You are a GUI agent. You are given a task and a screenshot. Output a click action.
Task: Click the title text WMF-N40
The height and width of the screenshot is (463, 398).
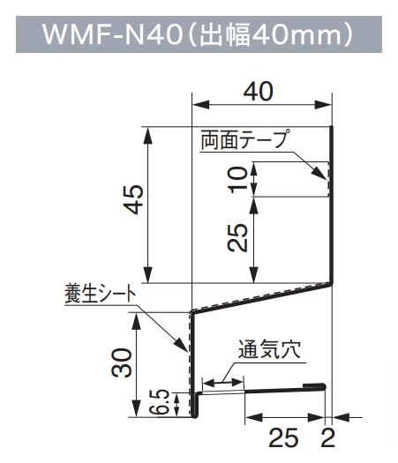(112, 34)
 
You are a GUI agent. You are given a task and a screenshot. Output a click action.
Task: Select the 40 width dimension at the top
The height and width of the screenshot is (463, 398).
(259, 91)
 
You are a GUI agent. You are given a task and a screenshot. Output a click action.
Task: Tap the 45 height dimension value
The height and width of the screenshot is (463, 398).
(134, 199)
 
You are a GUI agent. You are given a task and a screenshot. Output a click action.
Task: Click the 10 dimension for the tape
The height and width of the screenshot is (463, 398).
(238, 179)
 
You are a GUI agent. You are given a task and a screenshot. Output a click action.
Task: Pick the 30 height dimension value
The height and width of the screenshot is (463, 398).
(122, 362)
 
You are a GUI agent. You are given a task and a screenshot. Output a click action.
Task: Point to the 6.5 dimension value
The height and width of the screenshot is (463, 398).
(161, 401)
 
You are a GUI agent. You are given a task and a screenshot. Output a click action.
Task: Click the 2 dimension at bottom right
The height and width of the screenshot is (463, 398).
(328, 438)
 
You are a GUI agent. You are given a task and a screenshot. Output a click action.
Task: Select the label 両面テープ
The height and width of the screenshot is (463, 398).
(244, 139)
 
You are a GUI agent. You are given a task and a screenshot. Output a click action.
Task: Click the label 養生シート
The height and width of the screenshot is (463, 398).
(100, 294)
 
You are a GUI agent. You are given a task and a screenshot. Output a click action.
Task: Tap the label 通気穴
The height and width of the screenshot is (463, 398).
(269, 349)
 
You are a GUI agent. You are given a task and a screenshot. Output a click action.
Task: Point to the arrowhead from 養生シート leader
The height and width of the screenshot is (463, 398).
(180, 344)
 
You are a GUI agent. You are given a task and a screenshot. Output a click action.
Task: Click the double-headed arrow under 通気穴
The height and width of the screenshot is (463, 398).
(222, 383)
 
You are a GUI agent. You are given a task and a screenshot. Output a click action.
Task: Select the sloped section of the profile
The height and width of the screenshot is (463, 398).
(261, 297)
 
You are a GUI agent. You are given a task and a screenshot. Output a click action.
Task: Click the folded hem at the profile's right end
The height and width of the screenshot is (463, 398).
(315, 385)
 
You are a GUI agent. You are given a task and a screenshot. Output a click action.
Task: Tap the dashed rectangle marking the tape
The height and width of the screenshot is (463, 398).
(327, 179)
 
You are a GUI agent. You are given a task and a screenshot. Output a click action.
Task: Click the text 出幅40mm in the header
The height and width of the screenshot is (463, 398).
(270, 35)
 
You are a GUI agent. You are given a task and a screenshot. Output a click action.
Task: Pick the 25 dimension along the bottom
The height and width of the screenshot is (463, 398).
(283, 438)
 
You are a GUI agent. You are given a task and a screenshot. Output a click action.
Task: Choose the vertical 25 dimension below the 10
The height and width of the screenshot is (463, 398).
(238, 238)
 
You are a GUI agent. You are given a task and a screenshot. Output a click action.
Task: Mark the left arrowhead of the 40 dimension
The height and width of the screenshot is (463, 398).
(201, 105)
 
